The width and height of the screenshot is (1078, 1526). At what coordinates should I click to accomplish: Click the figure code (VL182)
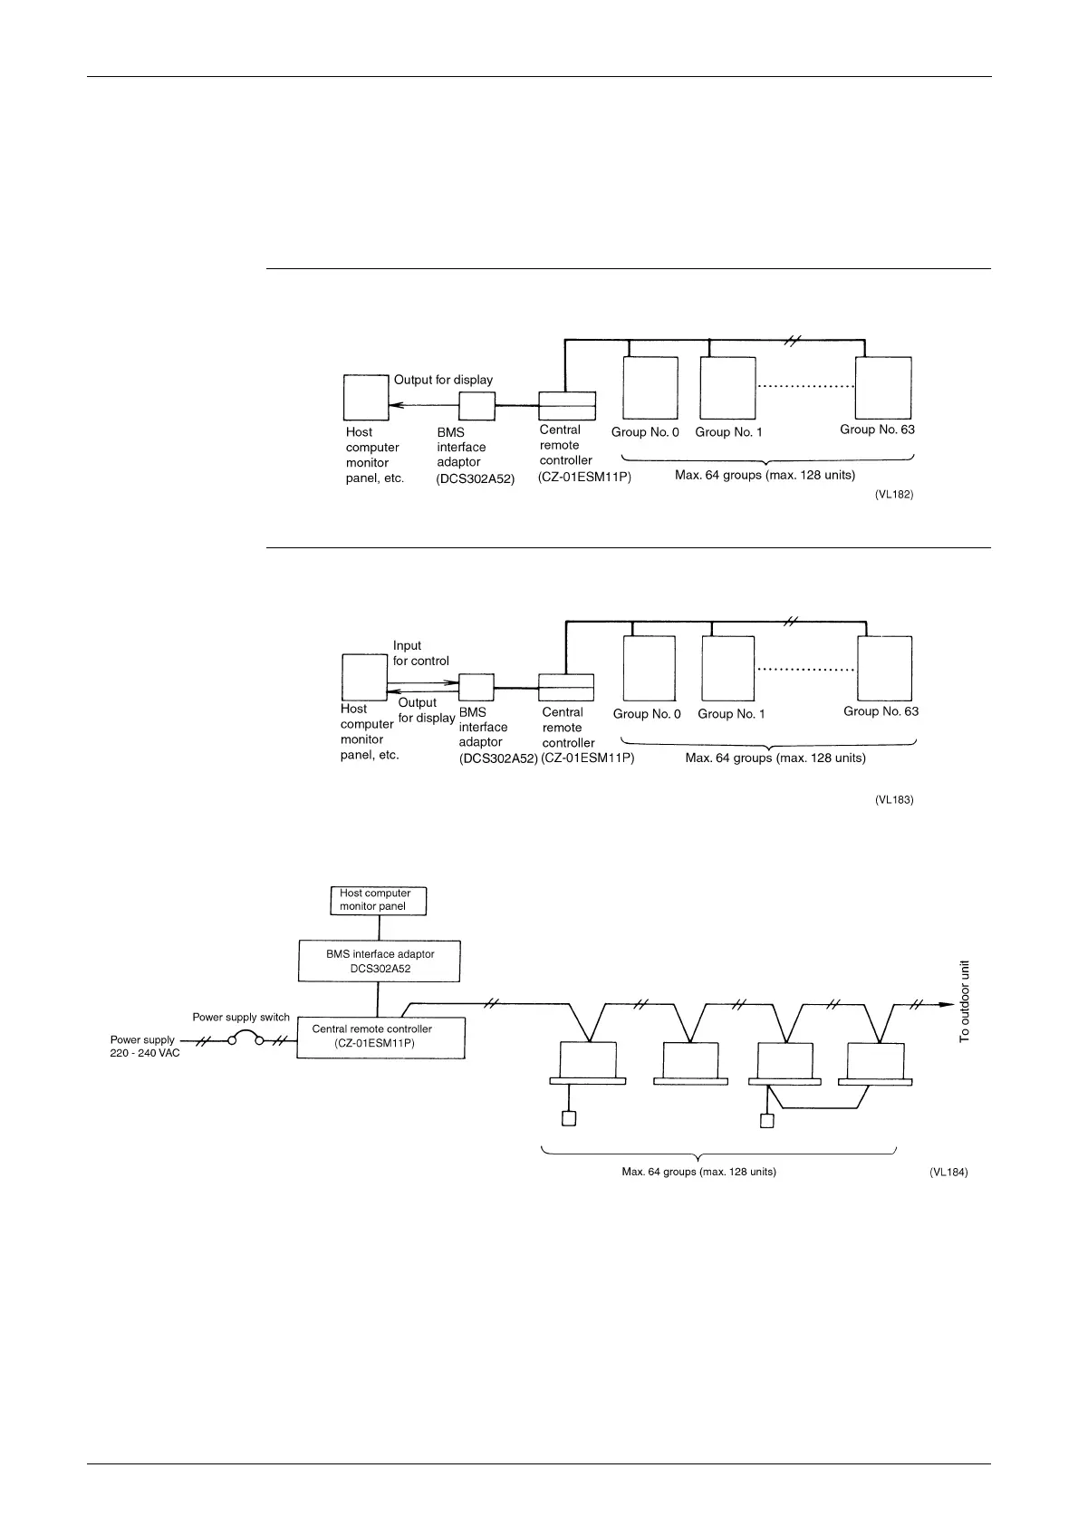pyautogui.click(x=893, y=496)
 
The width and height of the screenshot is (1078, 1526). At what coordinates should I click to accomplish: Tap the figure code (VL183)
pyautogui.click(x=893, y=800)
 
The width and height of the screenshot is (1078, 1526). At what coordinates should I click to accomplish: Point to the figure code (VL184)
pyautogui.click(x=948, y=1172)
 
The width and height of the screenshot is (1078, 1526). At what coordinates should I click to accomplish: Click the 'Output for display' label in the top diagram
pyautogui.click(x=443, y=380)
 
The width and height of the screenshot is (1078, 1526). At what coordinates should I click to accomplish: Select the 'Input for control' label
pyautogui.click(x=420, y=653)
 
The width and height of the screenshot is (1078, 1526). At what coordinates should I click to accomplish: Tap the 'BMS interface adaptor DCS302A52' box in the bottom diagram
pyautogui.click(x=380, y=961)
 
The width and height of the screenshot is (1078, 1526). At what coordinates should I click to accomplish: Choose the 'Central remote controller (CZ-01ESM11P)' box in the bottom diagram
pyautogui.click(x=381, y=1037)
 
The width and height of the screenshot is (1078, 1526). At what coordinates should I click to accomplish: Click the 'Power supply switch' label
pyautogui.click(x=241, y=1018)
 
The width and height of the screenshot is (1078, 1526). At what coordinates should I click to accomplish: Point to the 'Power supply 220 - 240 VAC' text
pyautogui.click(x=145, y=1047)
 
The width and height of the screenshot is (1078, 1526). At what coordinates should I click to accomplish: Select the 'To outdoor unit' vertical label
pyautogui.click(x=965, y=1000)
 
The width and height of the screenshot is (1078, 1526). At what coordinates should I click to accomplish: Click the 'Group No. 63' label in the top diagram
pyautogui.click(x=877, y=430)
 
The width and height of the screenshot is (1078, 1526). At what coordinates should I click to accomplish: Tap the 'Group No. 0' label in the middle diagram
pyautogui.click(x=647, y=714)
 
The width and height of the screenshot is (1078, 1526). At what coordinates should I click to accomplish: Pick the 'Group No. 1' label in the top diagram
pyautogui.click(x=728, y=432)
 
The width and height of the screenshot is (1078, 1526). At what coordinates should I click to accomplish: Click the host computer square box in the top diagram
pyautogui.click(x=366, y=397)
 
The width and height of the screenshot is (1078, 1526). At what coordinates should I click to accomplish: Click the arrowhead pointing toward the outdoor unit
pyautogui.click(x=944, y=1004)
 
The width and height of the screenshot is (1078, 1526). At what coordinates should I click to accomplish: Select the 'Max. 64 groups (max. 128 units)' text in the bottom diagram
pyautogui.click(x=698, y=1172)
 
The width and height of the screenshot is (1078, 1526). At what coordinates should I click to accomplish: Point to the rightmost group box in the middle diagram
pyautogui.click(x=885, y=668)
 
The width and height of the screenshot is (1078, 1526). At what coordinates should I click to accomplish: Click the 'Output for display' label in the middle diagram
pyautogui.click(x=426, y=710)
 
